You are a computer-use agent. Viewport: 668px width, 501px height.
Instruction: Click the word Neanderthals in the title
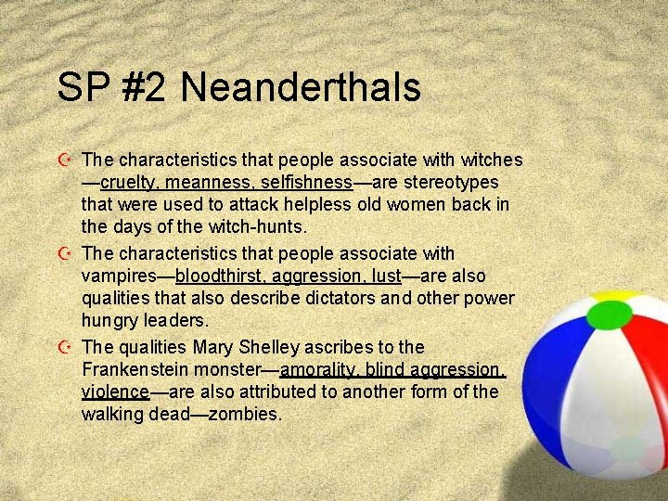301,88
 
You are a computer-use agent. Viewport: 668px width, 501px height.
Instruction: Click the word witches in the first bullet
487,161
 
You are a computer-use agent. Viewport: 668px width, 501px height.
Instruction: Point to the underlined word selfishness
306,182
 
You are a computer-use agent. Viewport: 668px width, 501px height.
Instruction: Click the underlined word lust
384,276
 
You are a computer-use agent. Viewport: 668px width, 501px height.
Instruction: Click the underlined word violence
115,392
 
